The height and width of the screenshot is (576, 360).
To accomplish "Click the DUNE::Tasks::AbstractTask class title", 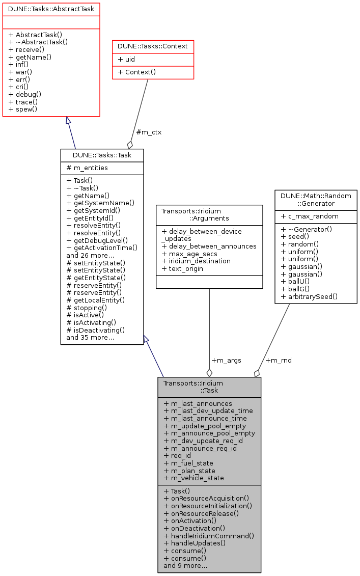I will [51, 9].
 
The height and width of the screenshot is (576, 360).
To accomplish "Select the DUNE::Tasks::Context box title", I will [153, 46].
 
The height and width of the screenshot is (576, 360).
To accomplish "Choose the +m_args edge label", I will [226, 360].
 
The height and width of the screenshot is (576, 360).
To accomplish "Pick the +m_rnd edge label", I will [279, 360].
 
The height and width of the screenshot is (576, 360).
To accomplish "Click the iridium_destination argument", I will [196, 261].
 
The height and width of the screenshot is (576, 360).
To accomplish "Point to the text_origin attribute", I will [184, 269].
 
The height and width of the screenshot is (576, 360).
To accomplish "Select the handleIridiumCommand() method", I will [209, 536].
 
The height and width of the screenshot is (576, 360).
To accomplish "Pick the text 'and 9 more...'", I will [185, 565].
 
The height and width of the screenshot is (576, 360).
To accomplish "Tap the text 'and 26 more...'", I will [90, 255].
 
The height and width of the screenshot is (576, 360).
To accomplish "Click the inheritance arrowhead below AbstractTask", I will [67, 121].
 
